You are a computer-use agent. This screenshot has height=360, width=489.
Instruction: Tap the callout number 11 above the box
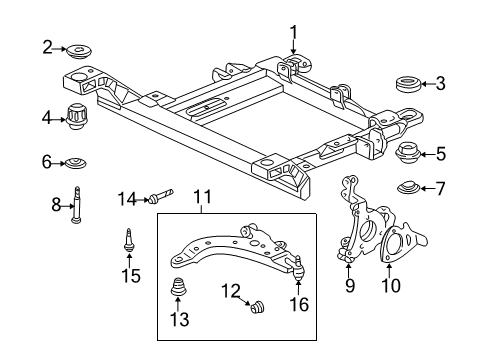(x=203, y=200)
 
